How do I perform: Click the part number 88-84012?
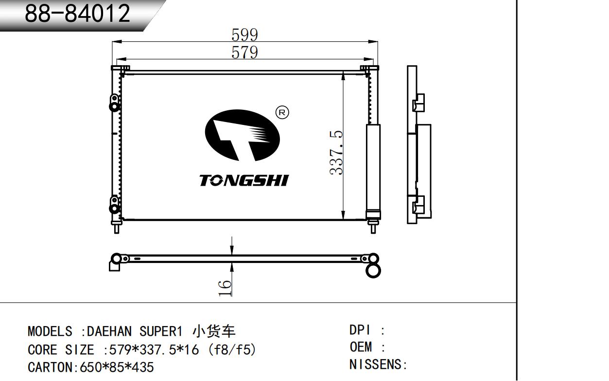tap(77, 13)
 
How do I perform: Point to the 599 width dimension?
tap(244, 35)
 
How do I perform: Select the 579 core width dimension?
tap(244, 52)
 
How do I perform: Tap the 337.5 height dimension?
tap(336, 153)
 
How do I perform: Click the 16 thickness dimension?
tap(225, 288)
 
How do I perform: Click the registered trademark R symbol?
tap(282, 113)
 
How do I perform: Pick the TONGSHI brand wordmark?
tap(244, 181)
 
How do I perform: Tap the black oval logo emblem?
tap(242, 135)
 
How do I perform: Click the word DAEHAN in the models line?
tap(109, 331)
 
